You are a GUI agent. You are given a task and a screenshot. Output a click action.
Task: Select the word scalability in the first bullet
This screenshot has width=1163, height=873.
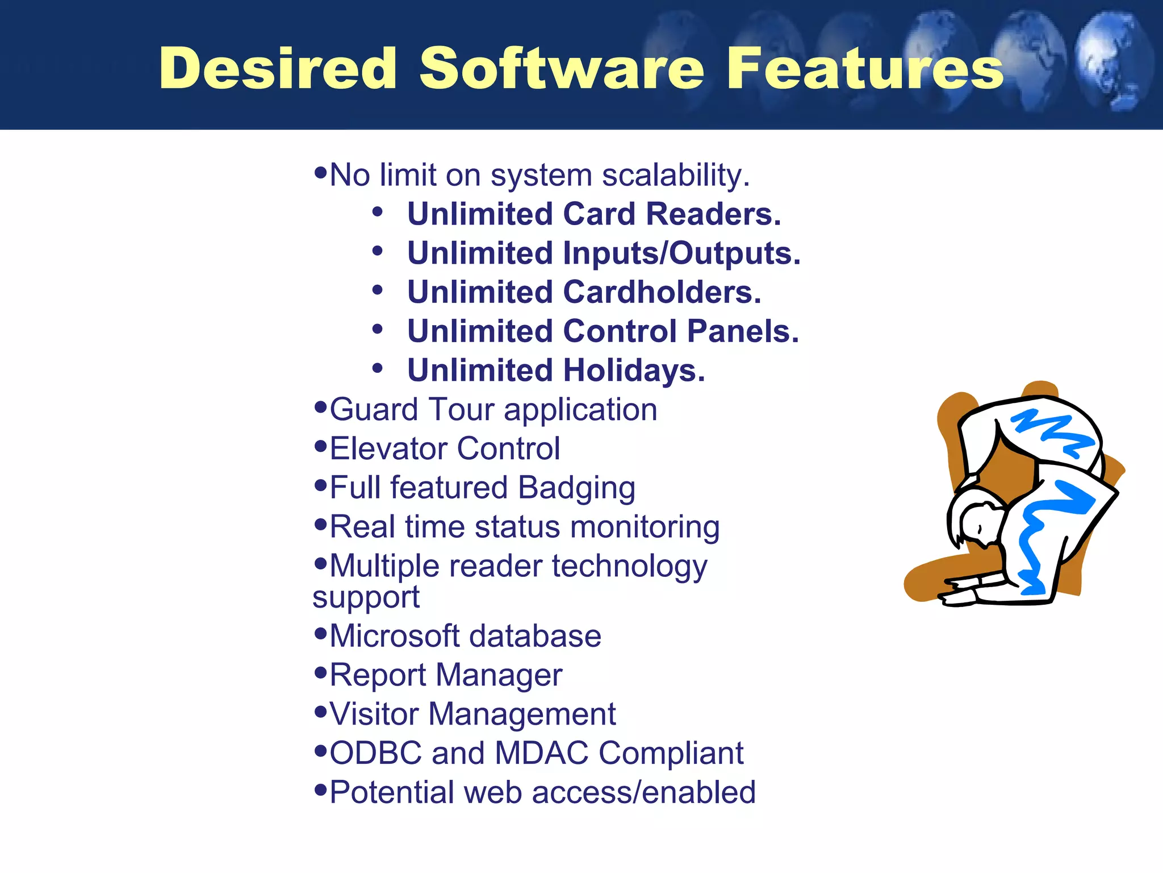[x=675, y=175]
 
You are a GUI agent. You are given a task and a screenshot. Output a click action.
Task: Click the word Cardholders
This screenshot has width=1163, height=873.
[x=662, y=292]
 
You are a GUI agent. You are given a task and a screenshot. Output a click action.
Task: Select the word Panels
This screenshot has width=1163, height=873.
[x=743, y=331]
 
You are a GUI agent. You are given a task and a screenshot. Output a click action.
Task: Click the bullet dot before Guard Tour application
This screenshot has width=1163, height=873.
[x=321, y=407]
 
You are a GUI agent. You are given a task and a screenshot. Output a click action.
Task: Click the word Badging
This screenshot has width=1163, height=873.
[x=576, y=488]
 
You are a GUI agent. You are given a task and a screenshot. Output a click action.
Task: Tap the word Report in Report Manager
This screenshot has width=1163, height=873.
[x=377, y=675]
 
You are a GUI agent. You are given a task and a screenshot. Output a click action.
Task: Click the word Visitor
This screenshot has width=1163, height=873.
[x=374, y=714]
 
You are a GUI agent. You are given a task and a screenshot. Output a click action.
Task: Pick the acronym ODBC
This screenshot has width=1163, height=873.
[x=375, y=753]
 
